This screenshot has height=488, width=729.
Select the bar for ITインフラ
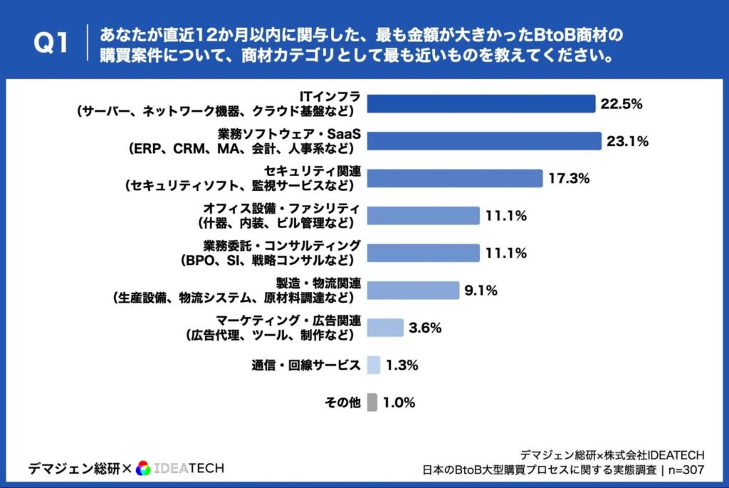(x=481, y=104)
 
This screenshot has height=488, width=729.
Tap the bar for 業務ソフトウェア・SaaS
(x=483, y=141)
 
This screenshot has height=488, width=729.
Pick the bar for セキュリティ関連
(x=454, y=178)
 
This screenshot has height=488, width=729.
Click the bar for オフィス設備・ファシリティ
(x=423, y=215)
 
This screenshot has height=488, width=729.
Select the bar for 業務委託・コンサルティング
(x=423, y=253)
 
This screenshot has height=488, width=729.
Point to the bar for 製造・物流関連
(x=413, y=290)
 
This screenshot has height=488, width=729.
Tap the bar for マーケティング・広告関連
(x=385, y=327)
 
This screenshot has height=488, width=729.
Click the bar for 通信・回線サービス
(x=374, y=365)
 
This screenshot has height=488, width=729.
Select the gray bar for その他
(x=372, y=402)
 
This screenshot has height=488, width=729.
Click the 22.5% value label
(x=622, y=104)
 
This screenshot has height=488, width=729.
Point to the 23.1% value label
(x=627, y=141)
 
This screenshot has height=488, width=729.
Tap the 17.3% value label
(x=569, y=178)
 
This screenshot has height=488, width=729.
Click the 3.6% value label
(x=426, y=328)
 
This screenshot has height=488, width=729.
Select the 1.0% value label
(x=399, y=403)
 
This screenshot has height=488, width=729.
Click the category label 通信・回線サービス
(x=305, y=365)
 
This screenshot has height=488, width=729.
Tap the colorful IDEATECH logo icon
(x=143, y=468)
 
